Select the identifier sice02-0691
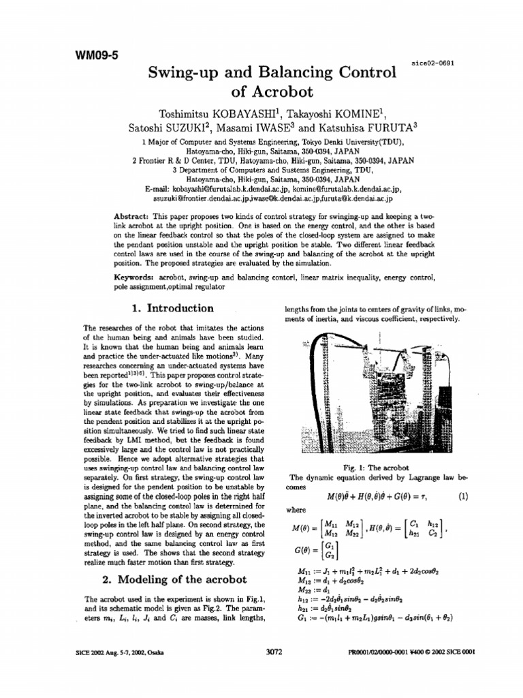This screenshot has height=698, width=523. pyautogui.click(x=433, y=62)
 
